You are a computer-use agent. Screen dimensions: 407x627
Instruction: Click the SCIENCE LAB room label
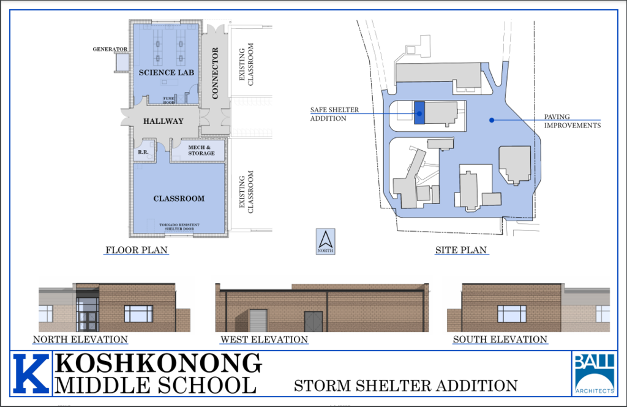[x=166, y=72]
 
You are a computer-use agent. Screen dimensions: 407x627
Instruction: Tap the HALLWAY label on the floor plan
[x=163, y=121]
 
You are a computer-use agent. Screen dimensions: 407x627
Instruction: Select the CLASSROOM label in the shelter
[x=179, y=199]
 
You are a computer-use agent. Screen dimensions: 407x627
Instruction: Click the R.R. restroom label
[x=143, y=151]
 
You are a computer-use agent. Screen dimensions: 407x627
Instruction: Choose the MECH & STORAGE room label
[x=201, y=150]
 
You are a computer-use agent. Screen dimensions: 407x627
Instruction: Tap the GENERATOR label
[x=110, y=49]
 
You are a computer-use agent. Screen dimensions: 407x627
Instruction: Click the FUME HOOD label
[x=170, y=100]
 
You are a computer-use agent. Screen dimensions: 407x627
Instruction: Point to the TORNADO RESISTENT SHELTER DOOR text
[x=179, y=227]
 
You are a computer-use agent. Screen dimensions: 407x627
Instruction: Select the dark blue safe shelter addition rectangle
[x=419, y=113]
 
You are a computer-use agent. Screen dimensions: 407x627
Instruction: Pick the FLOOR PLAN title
[x=136, y=250]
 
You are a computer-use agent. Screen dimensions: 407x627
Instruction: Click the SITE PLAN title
[x=461, y=250]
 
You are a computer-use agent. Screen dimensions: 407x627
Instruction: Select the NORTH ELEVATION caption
[x=80, y=340]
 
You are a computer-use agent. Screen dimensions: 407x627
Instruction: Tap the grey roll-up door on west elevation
[x=258, y=321]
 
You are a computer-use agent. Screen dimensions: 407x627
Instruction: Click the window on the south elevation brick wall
[x=511, y=314]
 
